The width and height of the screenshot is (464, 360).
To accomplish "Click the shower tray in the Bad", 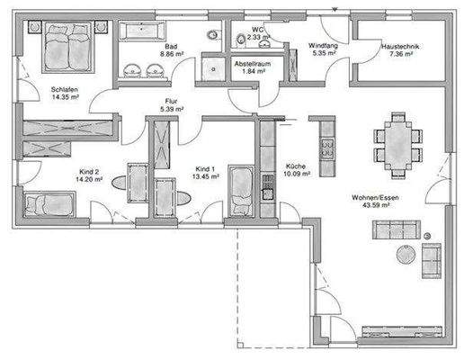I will point(213,70).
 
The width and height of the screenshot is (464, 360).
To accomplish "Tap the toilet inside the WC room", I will point(243,37).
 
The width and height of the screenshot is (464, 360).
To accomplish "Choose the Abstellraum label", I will point(252,65).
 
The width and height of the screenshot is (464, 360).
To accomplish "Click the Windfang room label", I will point(322,45).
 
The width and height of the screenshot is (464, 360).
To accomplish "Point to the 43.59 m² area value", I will point(375,205).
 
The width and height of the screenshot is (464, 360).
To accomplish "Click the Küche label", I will point(296,166).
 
